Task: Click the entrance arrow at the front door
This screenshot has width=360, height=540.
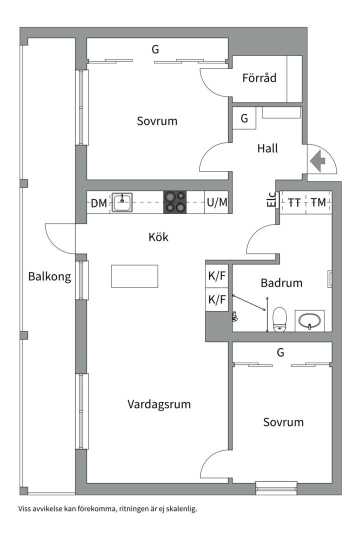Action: [x=318, y=161]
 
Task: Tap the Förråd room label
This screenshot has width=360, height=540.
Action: [x=259, y=78]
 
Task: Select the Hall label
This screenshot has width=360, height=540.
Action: [x=267, y=148]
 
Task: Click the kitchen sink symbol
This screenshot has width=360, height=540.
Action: [x=122, y=202]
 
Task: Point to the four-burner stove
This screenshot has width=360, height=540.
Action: [x=174, y=202]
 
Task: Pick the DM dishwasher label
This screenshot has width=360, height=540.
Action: [x=98, y=203]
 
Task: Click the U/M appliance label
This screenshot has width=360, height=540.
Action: [x=216, y=202]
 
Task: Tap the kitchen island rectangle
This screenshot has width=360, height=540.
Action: [x=134, y=276]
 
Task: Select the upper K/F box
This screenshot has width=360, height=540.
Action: [x=217, y=275]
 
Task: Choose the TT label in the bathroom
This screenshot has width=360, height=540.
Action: [x=294, y=202]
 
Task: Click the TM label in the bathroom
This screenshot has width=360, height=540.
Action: [x=317, y=202]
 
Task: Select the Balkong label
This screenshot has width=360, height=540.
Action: [x=49, y=276]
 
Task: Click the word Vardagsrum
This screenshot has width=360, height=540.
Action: [x=158, y=404]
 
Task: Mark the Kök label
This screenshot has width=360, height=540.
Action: [x=158, y=236]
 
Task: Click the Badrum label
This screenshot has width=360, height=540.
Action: [x=281, y=283]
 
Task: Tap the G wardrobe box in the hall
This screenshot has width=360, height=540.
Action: [x=244, y=119]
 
